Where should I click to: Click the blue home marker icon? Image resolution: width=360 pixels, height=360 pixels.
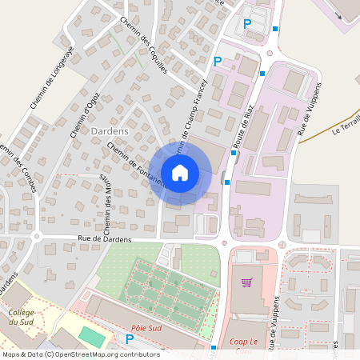point(180,172)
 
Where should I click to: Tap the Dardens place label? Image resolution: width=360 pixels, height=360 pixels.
point(110,130)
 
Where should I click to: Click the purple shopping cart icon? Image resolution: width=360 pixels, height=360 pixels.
point(247,282)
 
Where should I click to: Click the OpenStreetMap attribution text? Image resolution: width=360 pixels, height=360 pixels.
point(80,354)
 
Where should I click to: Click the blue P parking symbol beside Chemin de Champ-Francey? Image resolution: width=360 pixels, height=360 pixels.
point(218,61)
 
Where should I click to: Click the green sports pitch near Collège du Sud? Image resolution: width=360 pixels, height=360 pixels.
point(92,337)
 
